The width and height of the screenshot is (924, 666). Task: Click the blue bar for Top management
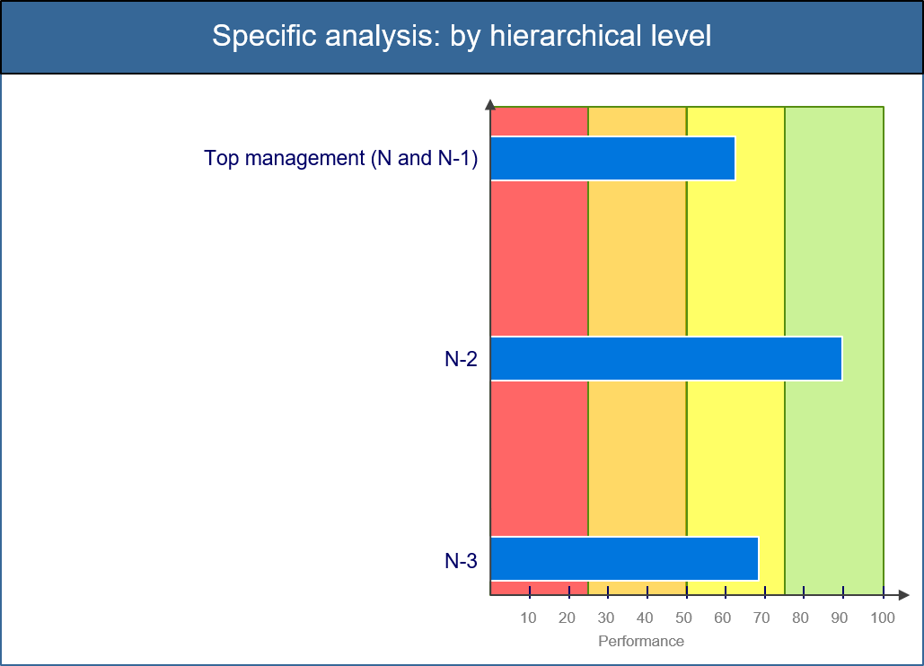(x=612, y=158)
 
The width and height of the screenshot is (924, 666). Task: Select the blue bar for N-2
(x=666, y=359)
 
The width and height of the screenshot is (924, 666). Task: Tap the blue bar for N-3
(x=625, y=559)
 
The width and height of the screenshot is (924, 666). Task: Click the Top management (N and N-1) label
(x=340, y=158)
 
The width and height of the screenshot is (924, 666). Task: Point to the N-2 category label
(x=461, y=359)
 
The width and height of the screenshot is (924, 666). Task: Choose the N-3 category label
(x=461, y=561)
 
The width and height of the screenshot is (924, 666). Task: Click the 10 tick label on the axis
(x=528, y=618)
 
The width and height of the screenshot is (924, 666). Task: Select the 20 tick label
(x=567, y=618)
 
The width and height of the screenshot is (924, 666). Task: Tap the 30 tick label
(x=606, y=618)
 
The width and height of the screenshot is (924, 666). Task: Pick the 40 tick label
(x=645, y=618)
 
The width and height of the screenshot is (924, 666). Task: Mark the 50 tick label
(x=683, y=618)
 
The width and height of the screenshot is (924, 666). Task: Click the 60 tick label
(x=723, y=618)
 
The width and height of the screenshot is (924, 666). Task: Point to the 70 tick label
(x=761, y=618)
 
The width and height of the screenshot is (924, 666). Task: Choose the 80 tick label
(x=800, y=618)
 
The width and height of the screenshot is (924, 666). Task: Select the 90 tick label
(x=839, y=618)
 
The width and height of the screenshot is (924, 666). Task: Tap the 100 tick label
(x=883, y=618)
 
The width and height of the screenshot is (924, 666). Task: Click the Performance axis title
(x=641, y=641)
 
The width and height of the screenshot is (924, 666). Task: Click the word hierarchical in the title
(x=566, y=35)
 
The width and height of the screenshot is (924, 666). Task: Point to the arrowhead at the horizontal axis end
(x=904, y=595)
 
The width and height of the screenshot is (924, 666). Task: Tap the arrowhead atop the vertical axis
(x=490, y=105)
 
